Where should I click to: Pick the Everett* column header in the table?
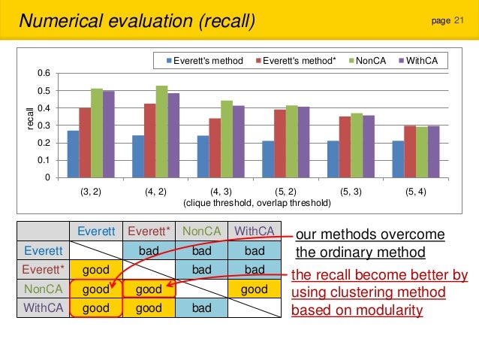[149, 231]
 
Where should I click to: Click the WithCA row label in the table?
[44, 307]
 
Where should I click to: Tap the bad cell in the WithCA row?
[201, 307]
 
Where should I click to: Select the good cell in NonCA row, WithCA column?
[255, 288]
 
